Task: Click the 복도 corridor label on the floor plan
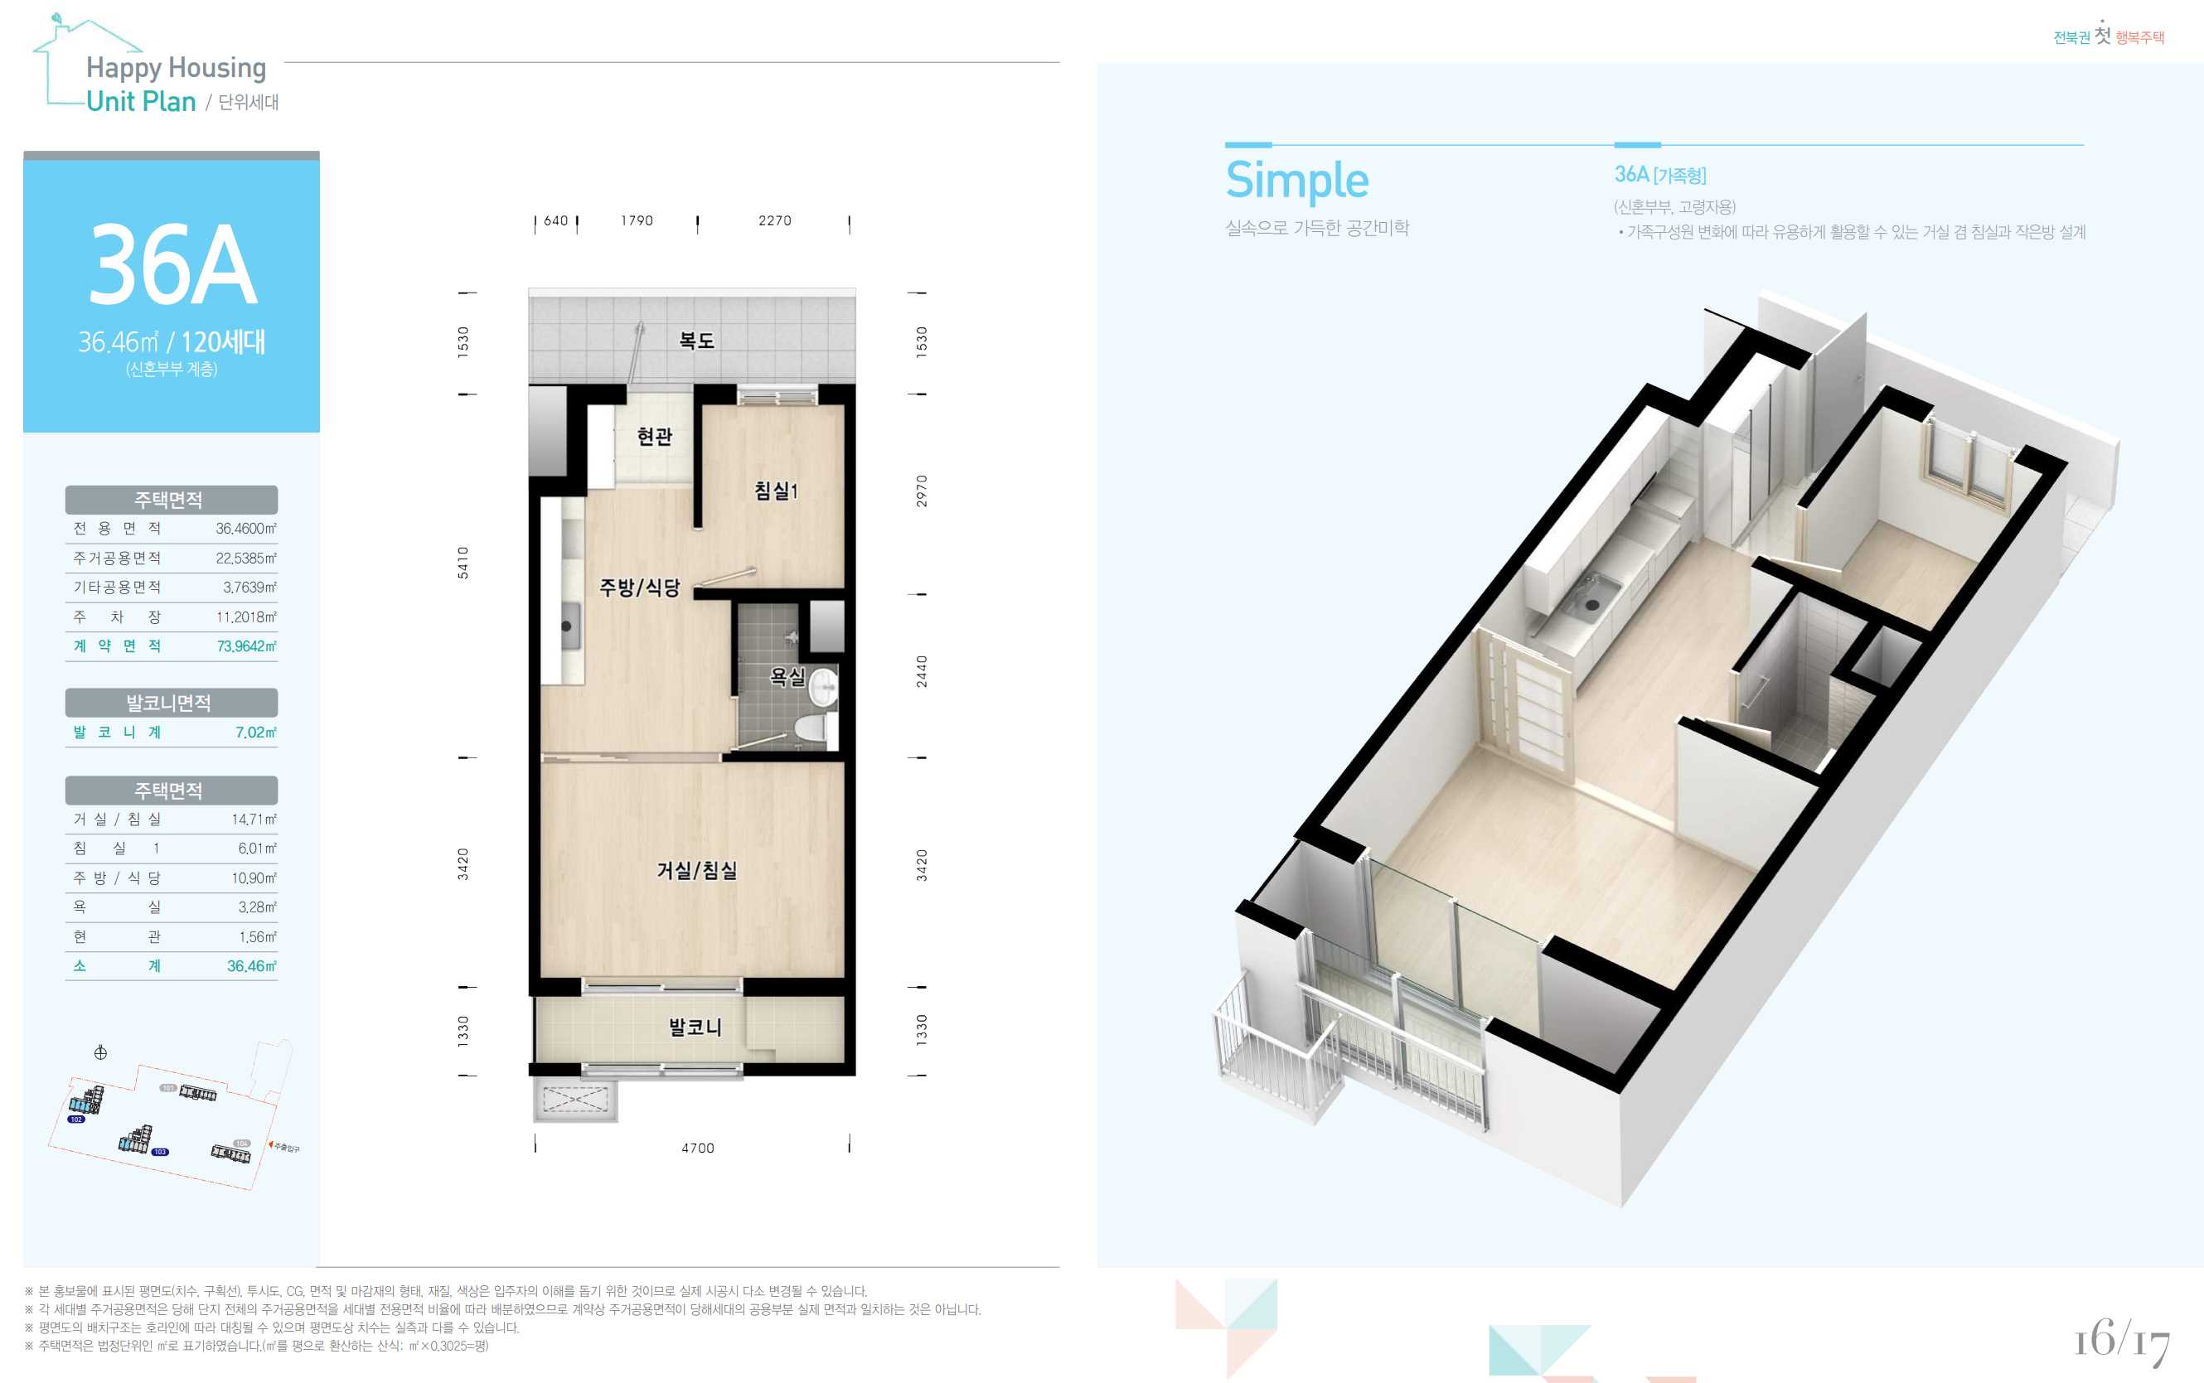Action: tap(696, 341)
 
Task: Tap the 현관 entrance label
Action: tap(654, 437)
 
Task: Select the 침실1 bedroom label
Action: tap(776, 491)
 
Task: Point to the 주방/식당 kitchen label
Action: tap(640, 588)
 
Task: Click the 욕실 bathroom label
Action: tap(787, 676)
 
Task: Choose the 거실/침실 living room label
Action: tap(696, 870)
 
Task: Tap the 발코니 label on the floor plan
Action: tap(695, 1028)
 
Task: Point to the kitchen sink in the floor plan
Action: tap(568, 626)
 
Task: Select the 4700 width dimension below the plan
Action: tap(698, 1148)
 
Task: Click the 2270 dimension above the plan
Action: tap(775, 220)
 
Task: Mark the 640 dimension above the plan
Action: tap(556, 220)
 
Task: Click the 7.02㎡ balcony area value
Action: tap(256, 732)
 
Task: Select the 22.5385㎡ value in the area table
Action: tap(246, 558)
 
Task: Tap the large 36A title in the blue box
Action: tap(173, 265)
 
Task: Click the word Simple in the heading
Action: tap(1296, 180)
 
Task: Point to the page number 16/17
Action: tap(2122, 1341)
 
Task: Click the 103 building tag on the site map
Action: tap(160, 1152)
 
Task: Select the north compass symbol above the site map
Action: tap(100, 1053)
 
